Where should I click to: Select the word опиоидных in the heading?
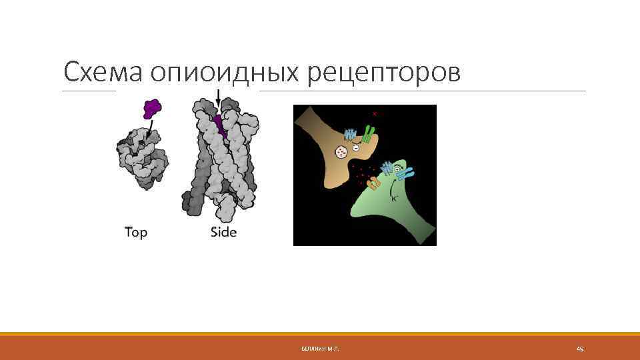click(226, 73)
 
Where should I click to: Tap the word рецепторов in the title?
click(384, 73)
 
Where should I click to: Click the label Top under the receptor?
click(136, 233)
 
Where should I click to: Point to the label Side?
click(223, 233)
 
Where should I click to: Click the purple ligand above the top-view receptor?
click(152, 107)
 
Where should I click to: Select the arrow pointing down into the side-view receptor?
click(218, 98)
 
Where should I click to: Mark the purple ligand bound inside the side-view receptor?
click(219, 124)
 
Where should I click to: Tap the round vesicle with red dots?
click(341, 152)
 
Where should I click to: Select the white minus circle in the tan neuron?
click(356, 147)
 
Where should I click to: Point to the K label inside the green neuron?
click(394, 198)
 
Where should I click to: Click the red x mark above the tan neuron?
click(374, 114)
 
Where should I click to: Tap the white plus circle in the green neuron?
click(398, 171)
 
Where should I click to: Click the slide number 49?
click(579, 349)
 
